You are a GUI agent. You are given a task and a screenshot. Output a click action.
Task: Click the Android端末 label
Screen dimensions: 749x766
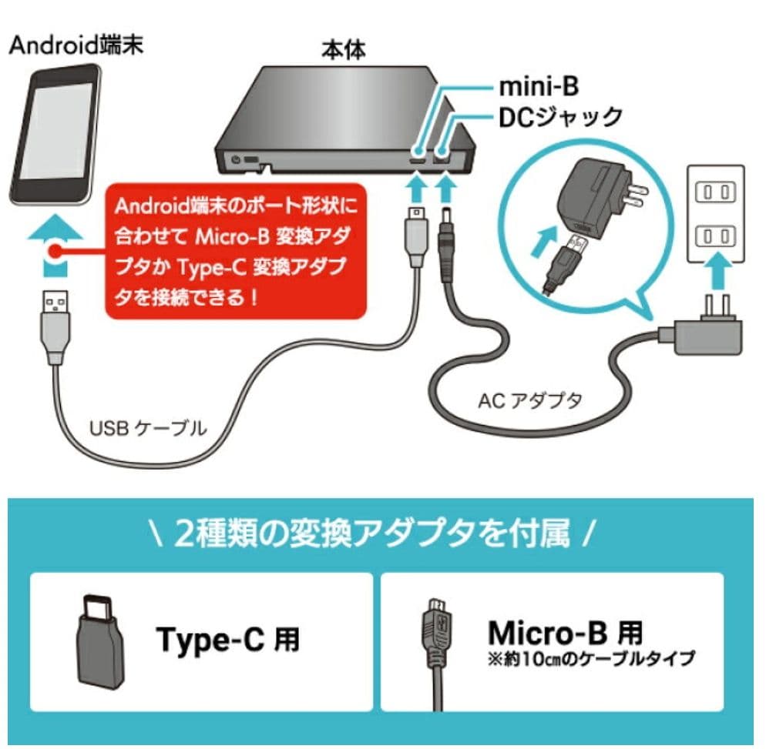75,44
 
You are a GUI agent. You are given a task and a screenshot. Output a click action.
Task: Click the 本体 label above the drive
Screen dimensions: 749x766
344,51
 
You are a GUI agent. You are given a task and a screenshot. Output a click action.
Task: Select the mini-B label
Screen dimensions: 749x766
537,83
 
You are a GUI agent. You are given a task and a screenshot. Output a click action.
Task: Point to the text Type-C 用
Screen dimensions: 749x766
227,638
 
